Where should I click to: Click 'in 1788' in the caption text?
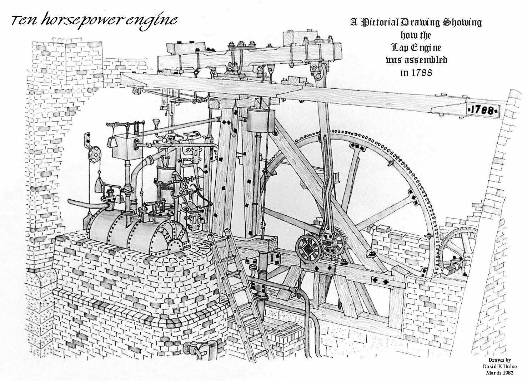pyautogui.click(x=416, y=72)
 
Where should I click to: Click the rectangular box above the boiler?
pyautogui.click(x=125, y=147)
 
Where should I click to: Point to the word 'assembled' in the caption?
pyautogui.click(x=425, y=60)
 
